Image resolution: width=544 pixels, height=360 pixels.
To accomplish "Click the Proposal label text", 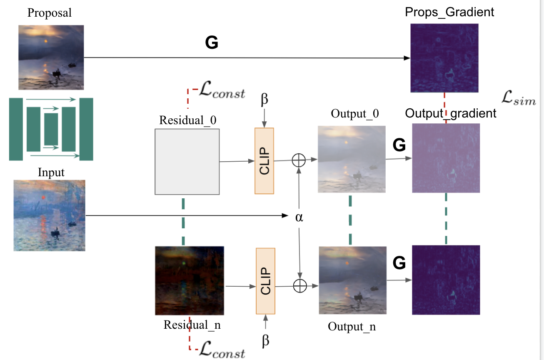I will [x=50, y=12].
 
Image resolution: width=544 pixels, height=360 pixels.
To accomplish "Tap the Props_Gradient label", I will [x=449, y=12].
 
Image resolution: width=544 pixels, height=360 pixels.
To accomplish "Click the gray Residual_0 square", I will [x=187, y=161].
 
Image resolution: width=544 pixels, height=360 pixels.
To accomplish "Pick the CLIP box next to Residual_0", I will [x=264, y=161].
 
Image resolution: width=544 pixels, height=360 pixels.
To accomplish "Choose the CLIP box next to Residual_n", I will [x=265, y=281].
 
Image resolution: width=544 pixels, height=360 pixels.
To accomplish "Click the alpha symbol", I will [x=299, y=217].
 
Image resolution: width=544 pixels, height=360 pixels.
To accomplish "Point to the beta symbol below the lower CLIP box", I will [x=266, y=341].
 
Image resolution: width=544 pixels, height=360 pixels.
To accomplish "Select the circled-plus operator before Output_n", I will [x=300, y=285].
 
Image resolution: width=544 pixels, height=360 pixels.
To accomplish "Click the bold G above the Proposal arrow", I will [x=212, y=42].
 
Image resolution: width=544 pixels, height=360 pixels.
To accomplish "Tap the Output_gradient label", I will [x=451, y=113].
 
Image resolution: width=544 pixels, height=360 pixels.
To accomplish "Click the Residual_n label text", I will [x=192, y=325].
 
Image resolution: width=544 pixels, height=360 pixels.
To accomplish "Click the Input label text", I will [x=51, y=172].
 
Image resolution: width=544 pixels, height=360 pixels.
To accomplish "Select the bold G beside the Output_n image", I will [x=399, y=263].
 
